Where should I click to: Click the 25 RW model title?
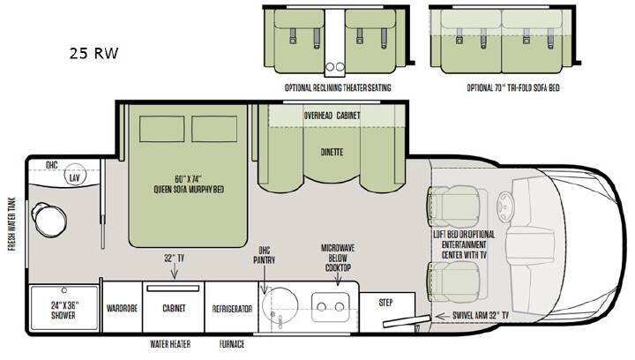point(94,54)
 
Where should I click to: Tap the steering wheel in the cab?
point(506,206)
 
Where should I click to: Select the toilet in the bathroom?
point(49,219)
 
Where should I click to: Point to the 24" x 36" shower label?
point(63,310)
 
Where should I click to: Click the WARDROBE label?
point(122,308)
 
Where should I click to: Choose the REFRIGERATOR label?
point(232,309)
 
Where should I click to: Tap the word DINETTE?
point(332,153)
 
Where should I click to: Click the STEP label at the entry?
point(385,302)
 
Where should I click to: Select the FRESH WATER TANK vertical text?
point(12,224)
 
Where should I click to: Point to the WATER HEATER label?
point(170,344)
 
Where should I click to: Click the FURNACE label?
point(232,344)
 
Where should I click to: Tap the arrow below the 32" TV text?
point(175,271)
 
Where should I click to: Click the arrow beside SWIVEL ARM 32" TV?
point(441,316)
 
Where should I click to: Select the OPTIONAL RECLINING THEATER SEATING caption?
point(338,87)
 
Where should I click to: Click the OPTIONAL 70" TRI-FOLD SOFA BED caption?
point(513,88)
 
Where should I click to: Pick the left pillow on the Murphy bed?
point(162,129)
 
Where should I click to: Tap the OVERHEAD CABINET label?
point(332,116)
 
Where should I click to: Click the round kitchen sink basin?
point(280,305)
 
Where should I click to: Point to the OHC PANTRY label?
point(264,255)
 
